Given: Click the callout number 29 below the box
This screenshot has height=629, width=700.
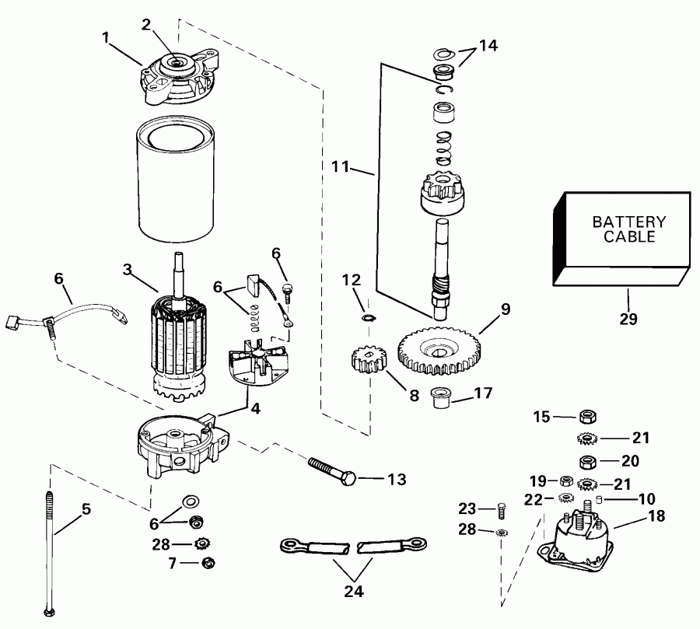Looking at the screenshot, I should click(x=628, y=319).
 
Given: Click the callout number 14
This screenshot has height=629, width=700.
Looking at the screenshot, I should click(x=487, y=45).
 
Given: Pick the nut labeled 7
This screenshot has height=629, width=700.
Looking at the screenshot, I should click(x=207, y=563).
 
